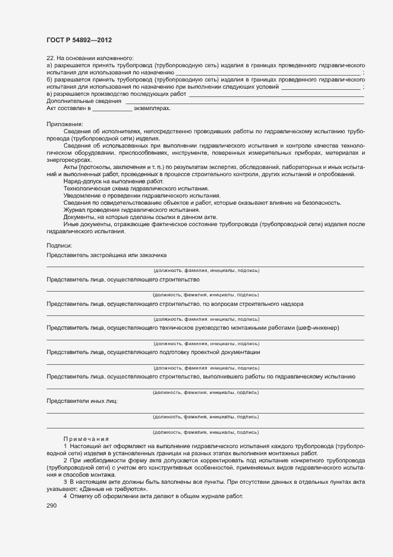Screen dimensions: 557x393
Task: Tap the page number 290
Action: click(x=52, y=506)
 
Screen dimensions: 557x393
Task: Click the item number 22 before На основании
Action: click(x=50, y=57)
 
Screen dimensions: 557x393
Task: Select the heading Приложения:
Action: click(x=65, y=124)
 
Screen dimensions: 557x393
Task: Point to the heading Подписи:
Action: click(x=59, y=246)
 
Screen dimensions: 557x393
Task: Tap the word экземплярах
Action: click(x=152, y=109)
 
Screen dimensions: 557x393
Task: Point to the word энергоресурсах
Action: click(x=69, y=160)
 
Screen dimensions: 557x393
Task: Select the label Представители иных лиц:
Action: click(x=82, y=401)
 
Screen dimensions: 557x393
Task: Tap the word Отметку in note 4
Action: click(x=82, y=496)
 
